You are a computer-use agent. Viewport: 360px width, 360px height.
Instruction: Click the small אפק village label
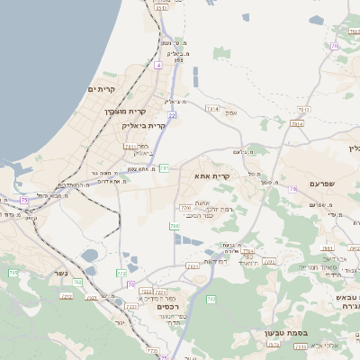[229, 112]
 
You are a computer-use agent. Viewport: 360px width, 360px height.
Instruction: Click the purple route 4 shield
[157, 66]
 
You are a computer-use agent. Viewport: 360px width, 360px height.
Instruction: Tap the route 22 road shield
[171, 114]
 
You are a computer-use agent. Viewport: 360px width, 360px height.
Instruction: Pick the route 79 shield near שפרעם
[293, 188]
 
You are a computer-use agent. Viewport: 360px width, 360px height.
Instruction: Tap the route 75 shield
[23, 200]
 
